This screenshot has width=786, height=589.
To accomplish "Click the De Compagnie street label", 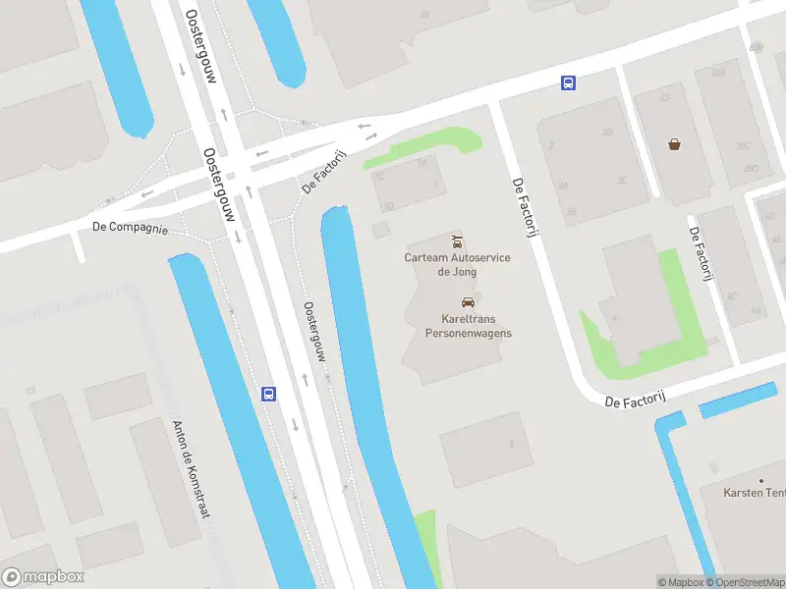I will pos(131,227).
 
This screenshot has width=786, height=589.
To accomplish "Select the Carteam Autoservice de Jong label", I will pos(457,264).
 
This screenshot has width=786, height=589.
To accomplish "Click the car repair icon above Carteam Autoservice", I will pos(457,241).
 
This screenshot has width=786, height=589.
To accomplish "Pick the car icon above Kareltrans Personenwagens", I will pos(468,302).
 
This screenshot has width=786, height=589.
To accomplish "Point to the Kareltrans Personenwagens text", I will pos(468,326).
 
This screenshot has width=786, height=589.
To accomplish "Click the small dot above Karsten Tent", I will pos(760,479).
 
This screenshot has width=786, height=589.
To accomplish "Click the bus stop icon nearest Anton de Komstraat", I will pos(268,394).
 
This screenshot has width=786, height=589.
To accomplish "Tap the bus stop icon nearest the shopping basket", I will pos(568,83).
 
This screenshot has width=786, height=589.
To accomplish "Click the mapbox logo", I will pos(43,577).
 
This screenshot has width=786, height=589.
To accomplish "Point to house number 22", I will pos(665,98).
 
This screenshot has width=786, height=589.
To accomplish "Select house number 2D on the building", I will pos(607,132).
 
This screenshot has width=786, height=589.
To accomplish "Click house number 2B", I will pos(572,211).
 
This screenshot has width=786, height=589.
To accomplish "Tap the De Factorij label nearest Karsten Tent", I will pos(636,402).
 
